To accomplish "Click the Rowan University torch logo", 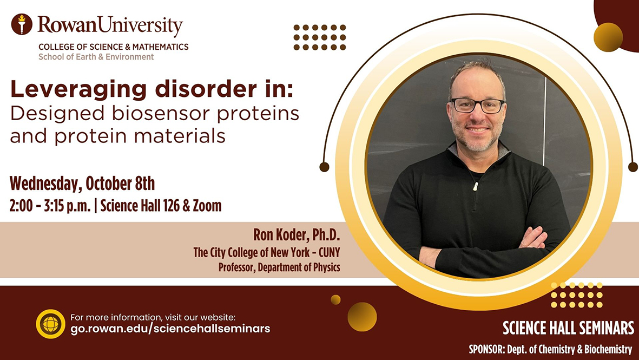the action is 22,24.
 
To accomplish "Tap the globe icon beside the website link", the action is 50,324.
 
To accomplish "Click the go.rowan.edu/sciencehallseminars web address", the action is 170,329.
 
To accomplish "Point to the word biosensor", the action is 161,114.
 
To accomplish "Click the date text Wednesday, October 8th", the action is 82,184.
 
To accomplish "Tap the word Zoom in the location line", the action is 207,206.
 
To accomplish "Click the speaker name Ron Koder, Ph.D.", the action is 297,235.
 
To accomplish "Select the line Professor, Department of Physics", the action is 279,267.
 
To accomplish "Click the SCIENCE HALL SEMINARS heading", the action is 568,328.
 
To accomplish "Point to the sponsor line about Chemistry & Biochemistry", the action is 550,349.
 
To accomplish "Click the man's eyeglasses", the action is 477,106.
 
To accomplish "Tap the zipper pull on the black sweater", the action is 475,187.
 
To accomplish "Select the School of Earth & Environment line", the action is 96,57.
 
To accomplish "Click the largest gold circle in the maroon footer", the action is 362,317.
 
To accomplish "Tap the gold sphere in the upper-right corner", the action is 608,37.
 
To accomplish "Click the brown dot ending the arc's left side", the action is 325,167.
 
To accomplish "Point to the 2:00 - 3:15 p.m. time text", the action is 50,206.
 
